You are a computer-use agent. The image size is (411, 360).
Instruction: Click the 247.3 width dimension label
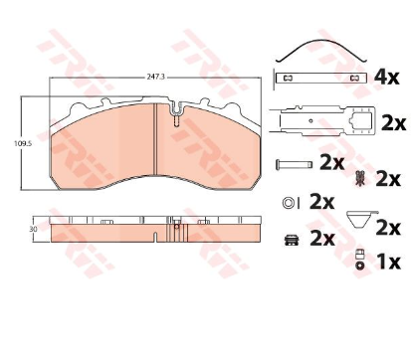click(155, 77)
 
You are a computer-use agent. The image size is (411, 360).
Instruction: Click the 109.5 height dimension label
click(20, 143)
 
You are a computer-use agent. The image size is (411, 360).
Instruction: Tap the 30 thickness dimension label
click(33, 229)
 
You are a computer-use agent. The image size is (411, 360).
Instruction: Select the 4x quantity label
click(386, 77)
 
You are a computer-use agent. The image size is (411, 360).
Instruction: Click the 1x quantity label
click(389, 262)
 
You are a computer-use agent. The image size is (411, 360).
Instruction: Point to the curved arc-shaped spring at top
click(321, 51)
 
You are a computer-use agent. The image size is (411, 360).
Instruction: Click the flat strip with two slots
click(321, 79)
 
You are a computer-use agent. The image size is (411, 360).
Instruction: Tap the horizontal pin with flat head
click(295, 164)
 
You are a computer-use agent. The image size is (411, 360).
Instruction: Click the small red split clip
click(359, 178)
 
